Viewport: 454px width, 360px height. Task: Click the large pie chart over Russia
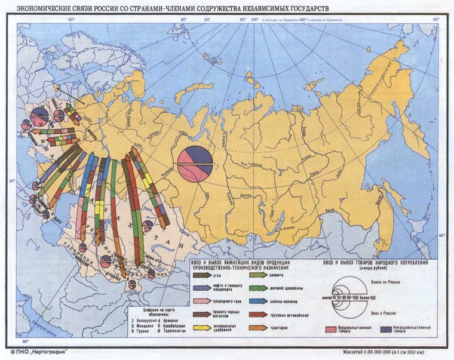point(195,164)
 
